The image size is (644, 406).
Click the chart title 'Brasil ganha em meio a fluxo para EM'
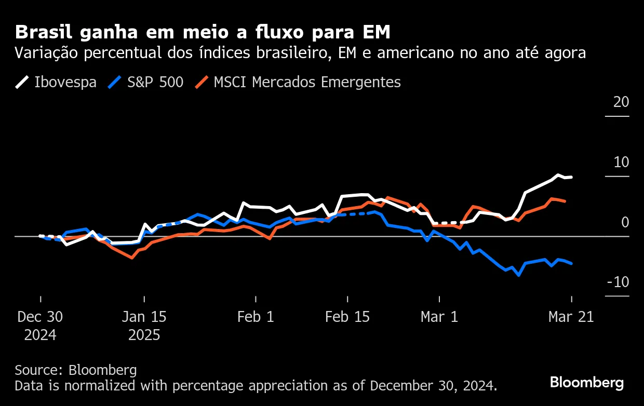(203, 32)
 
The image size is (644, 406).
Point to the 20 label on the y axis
(621, 102)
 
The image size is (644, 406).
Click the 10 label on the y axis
(621, 162)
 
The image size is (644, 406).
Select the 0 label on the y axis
(625, 222)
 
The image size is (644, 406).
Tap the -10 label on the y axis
(619, 282)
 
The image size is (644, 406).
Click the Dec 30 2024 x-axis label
(40, 326)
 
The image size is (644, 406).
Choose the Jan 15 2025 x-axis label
(144, 326)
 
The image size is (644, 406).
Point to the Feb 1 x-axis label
(256, 317)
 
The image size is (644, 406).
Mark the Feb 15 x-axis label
(347, 317)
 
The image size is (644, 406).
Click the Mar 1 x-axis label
(439, 317)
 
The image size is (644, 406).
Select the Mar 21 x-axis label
(571, 317)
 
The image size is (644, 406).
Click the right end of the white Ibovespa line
(571, 177)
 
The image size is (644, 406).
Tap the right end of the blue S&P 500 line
(572, 264)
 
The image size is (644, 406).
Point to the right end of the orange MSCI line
(565, 201)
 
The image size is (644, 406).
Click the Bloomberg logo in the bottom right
(587, 383)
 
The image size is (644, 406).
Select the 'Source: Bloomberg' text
(76, 370)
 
